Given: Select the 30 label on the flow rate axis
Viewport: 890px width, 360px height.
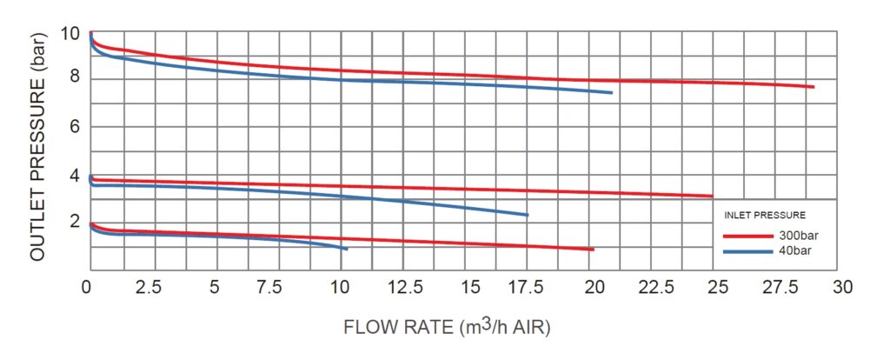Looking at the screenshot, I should click(x=841, y=287).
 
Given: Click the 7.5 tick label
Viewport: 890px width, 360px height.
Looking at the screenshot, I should click(x=277, y=287).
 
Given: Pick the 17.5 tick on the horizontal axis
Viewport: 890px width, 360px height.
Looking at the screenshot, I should click(x=529, y=287).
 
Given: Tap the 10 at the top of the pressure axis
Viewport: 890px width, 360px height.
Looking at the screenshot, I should click(x=71, y=35).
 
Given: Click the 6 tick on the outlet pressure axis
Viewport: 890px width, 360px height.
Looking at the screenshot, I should click(x=75, y=127).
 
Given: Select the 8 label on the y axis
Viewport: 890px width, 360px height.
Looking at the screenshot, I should click(x=75, y=77).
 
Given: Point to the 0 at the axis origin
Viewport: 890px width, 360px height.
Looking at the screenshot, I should click(x=87, y=287).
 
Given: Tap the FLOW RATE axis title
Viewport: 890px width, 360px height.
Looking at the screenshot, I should click(x=447, y=328).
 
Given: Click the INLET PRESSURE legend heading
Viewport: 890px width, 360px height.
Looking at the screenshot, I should click(x=765, y=214).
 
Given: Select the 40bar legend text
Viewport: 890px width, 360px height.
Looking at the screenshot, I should click(x=794, y=250).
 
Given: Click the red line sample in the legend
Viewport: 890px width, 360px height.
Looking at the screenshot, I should click(x=747, y=236).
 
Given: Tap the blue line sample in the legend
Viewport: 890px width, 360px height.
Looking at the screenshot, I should click(x=747, y=250).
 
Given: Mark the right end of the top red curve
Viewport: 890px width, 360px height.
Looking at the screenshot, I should click(x=813, y=87).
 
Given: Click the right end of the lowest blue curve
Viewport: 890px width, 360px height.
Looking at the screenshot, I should click(x=347, y=249).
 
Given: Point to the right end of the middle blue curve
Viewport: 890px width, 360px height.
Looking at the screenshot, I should click(x=527, y=215).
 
